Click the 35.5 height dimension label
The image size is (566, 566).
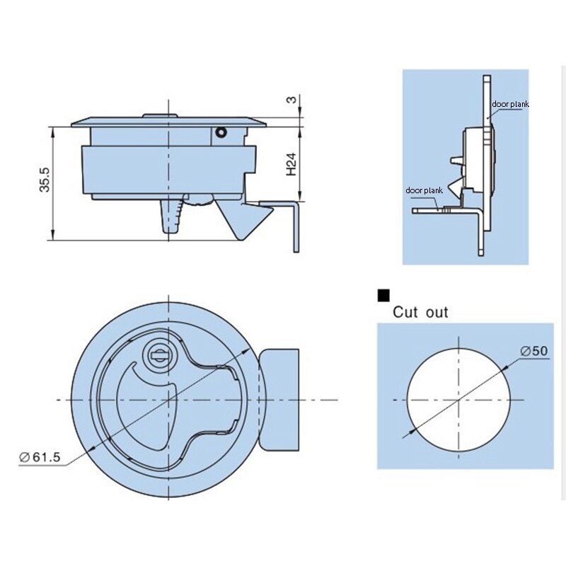pos(45,180)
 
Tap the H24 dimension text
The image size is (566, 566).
pos(291,164)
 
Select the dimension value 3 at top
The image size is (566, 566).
pos(291,99)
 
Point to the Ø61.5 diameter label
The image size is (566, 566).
pos(40,457)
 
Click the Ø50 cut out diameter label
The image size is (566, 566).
pos(534,351)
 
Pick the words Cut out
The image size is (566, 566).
pos(420,312)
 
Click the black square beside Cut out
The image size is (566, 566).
pos(383,295)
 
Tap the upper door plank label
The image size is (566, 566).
pos(510,104)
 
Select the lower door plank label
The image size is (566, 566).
pos(424,190)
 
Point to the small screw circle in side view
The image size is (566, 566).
pos(221,132)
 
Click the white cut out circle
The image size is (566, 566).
pos(458,400)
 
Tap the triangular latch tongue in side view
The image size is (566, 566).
pos(243,219)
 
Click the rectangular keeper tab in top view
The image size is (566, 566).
pos(279,400)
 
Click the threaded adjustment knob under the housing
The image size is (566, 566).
pos(197,200)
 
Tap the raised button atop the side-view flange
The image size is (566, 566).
pos(160,116)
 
